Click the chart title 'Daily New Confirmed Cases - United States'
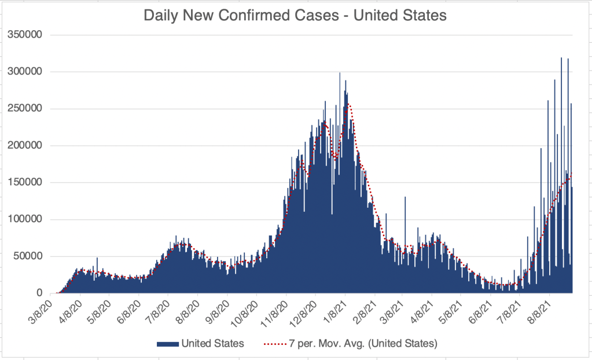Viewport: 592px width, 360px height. click(295, 16)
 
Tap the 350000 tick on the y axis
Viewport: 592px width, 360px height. click(24, 35)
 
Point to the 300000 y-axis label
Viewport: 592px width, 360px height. click(24, 72)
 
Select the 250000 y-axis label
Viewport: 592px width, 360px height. click(24, 109)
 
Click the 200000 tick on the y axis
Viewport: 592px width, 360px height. click(24, 146)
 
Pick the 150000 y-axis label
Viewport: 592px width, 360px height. click(24, 183)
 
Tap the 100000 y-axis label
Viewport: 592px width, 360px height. click(24, 219)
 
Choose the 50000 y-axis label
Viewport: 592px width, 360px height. click(27, 256)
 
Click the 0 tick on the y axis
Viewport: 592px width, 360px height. click(40, 293)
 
